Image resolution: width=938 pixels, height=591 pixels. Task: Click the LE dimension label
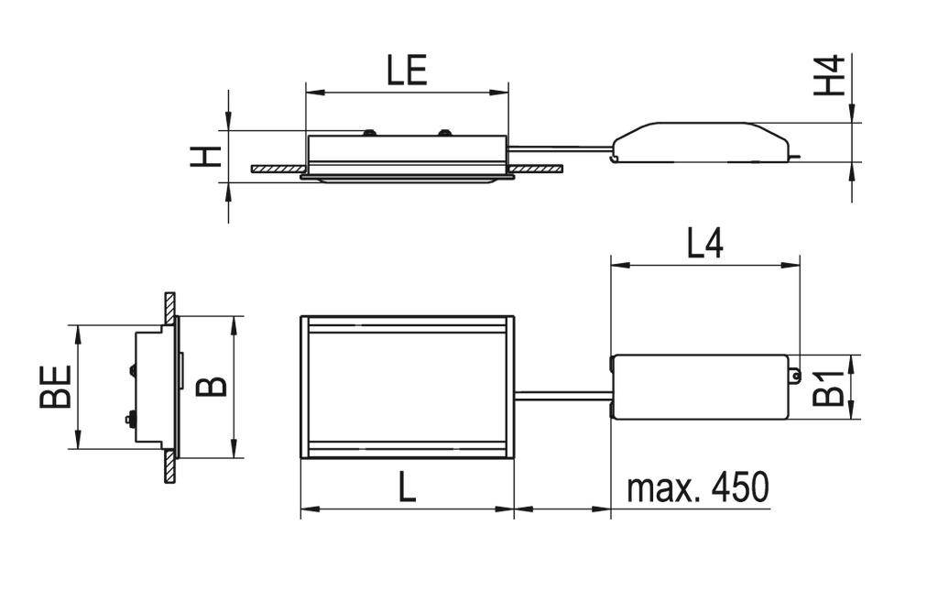(407, 71)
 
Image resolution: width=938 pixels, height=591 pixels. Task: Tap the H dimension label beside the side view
(207, 156)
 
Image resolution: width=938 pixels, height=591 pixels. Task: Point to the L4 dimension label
(704, 244)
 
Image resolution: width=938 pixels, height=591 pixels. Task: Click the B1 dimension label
(829, 388)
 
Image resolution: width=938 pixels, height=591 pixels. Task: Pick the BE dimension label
(56, 387)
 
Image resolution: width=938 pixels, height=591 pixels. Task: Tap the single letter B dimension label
(213, 386)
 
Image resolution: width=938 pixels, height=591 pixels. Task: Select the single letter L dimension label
(407, 487)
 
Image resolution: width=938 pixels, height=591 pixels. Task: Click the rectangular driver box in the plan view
(701, 387)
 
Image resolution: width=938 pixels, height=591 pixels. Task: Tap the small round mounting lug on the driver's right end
(795, 375)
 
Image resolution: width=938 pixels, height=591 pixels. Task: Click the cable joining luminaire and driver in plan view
(562, 396)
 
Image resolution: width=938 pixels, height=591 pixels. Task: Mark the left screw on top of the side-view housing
(369, 133)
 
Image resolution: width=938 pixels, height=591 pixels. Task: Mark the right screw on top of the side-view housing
(444, 133)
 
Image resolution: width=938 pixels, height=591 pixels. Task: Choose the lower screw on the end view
(130, 419)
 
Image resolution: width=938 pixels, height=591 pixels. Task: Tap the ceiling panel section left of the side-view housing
(278, 169)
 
